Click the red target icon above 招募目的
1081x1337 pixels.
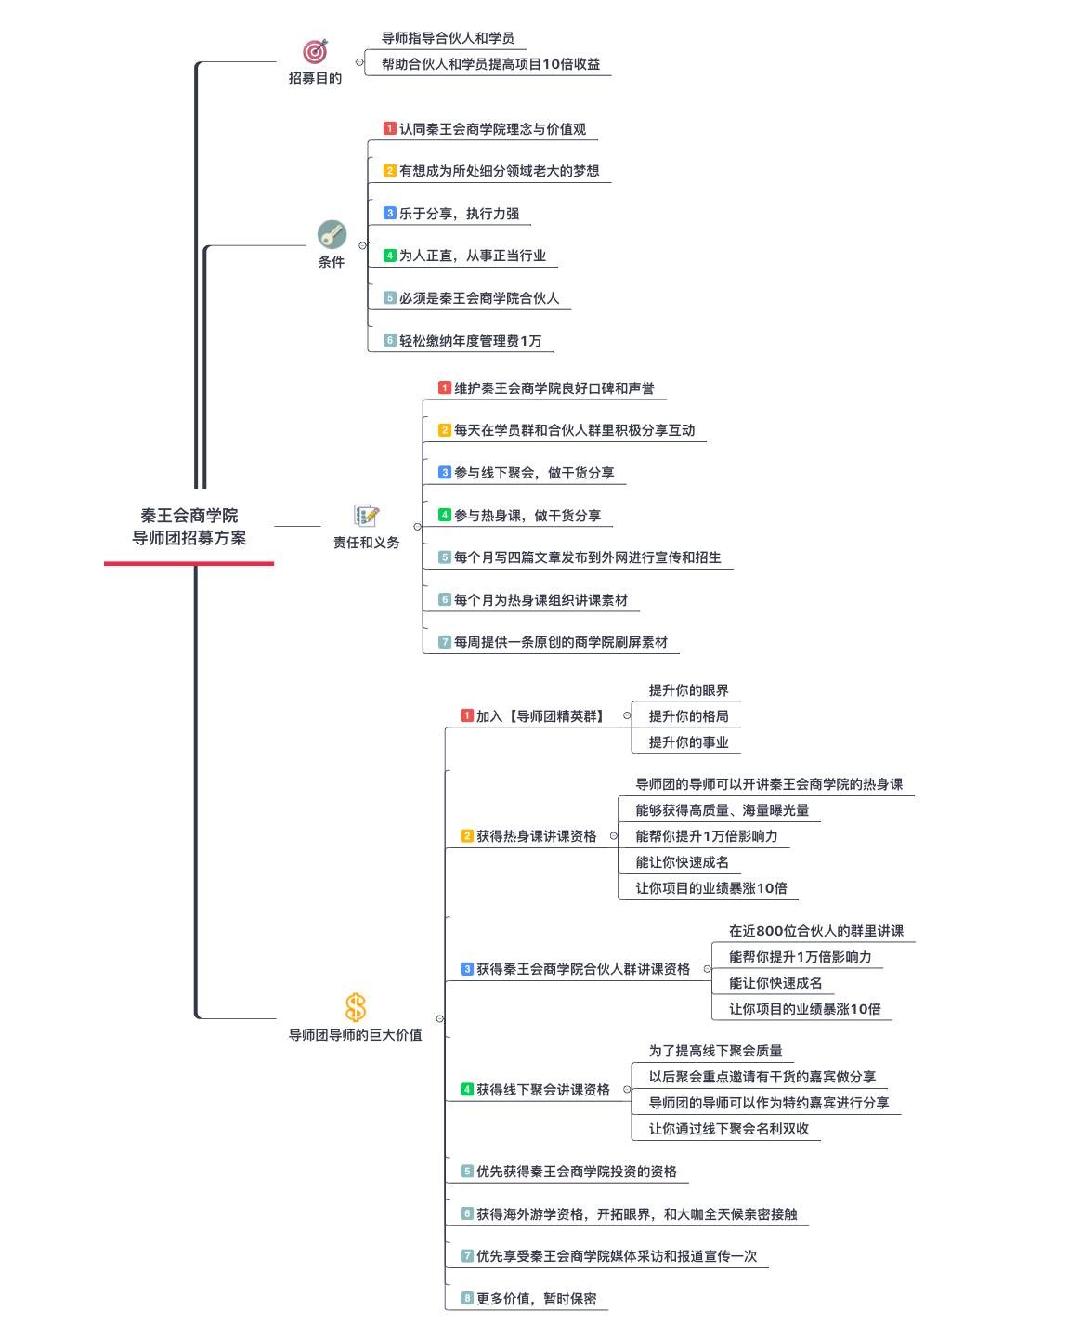tap(315, 51)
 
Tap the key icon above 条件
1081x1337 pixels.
tap(332, 234)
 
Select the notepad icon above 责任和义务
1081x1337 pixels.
tap(367, 516)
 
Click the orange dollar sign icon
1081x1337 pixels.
tap(355, 1007)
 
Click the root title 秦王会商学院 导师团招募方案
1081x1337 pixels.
tap(189, 526)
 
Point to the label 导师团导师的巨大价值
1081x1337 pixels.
tap(355, 1035)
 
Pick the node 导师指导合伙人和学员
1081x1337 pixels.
tap(448, 38)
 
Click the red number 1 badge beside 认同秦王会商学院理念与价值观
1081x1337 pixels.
tap(390, 128)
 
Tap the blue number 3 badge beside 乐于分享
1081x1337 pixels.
tap(390, 213)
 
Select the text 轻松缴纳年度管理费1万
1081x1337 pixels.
tap(470, 341)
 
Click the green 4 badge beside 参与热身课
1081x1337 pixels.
tap(444, 515)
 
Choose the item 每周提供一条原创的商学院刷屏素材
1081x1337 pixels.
tap(560, 641)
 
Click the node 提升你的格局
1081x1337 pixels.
tap(688, 716)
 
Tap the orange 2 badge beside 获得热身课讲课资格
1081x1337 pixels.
tap(467, 835)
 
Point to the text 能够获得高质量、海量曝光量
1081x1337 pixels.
tap(723, 810)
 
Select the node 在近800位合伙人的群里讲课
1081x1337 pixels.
tap(815, 931)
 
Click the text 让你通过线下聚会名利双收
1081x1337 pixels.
tap(728, 1129)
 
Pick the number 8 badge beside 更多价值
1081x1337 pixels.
tap(467, 1297)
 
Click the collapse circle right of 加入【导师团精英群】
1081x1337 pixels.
tap(627, 715)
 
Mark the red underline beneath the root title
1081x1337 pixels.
tap(189, 563)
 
